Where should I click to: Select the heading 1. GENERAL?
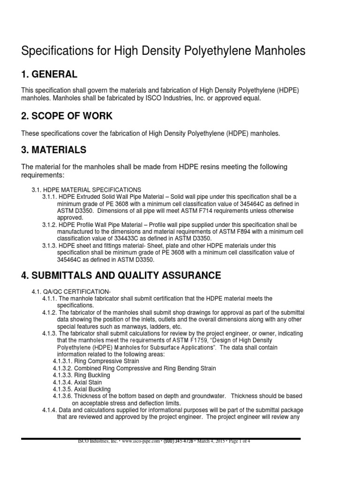pyautogui.click(x=49, y=75)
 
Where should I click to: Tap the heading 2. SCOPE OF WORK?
pyautogui.click(x=67, y=116)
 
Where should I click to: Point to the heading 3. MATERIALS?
pyautogui.click(x=54, y=150)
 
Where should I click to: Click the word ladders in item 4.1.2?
pyautogui.click(x=155, y=326)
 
